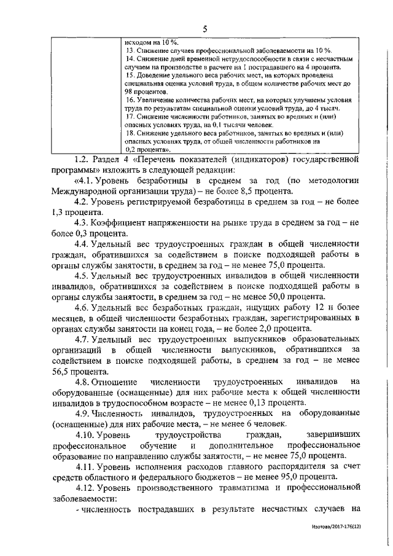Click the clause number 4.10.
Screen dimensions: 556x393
(86, 435)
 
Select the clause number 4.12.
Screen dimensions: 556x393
(86, 487)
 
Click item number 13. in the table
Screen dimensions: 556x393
(130, 49)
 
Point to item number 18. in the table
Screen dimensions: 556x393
(130, 131)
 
